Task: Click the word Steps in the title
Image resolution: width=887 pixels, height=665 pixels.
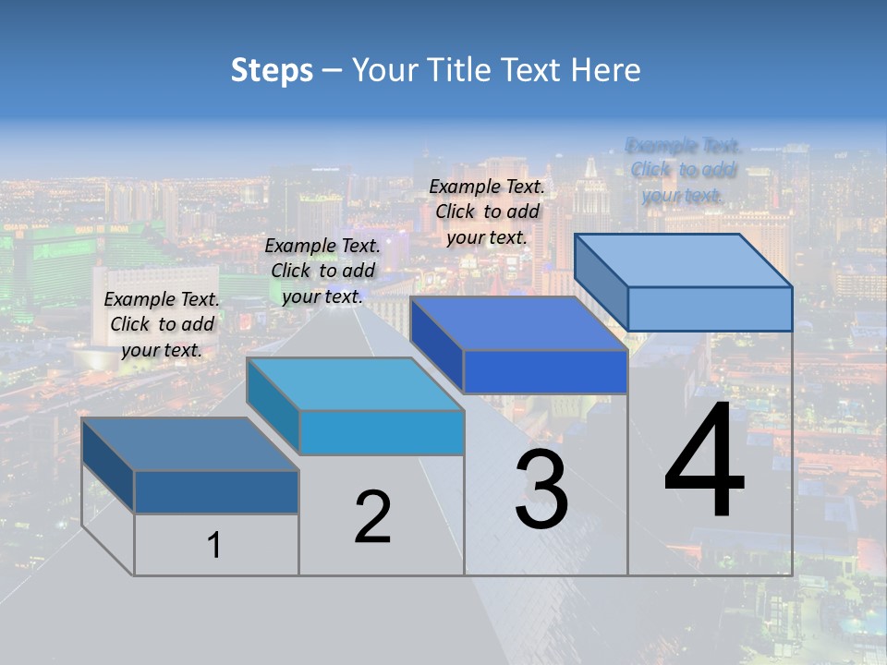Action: tap(272, 70)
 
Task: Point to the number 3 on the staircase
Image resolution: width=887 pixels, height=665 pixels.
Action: tap(541, 490)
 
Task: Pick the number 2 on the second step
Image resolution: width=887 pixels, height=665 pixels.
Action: tap(372, 518)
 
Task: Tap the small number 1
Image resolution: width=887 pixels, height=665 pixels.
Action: tap(214, 545)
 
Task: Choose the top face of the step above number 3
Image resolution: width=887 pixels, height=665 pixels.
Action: tap(518, 323)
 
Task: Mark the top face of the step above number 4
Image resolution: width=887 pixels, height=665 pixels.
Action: tap(683, 260)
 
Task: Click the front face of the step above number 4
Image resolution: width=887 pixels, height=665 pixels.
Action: tap(710, 308)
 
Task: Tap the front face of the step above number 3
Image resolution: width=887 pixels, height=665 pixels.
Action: tap(545, 371)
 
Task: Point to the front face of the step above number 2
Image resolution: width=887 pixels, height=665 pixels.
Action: tap(382, 432)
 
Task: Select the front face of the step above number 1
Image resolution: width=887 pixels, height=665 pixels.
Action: tap(216, 491)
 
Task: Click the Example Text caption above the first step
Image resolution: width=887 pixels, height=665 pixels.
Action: tap(162, 324)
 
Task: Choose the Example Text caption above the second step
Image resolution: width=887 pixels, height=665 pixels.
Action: tap(322, 271)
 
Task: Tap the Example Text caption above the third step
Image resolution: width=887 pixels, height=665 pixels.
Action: tap(487, 212)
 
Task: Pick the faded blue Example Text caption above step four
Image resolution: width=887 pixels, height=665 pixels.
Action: tap(683, 170)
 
